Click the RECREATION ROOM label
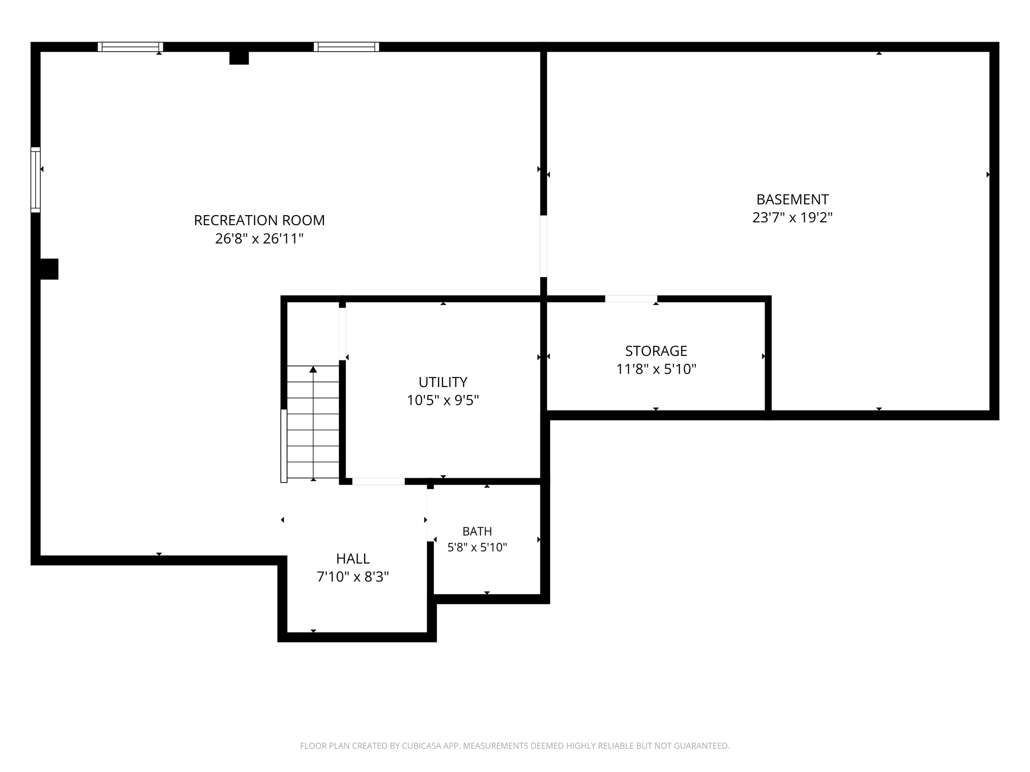point(260,220)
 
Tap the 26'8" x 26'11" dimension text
point(260,238)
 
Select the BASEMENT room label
point(793,200)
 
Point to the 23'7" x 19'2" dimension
point(793,218)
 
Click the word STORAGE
point(656,351)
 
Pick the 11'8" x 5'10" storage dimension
point(656,369)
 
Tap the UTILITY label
point(443,382)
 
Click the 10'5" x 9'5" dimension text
point(443,400)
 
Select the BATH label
point(477,531)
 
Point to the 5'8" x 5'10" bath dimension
point(477,547)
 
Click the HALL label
point(353,558)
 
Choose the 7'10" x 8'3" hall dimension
point(353,576)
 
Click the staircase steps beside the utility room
point(313,422)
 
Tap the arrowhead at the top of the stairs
point(313,369)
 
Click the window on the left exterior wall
point(36,179)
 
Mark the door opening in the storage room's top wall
point(631,299)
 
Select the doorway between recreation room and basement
point(544,246)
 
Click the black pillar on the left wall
point(49,269)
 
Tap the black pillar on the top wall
point(239,58)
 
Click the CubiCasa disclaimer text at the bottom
point(515,746)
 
